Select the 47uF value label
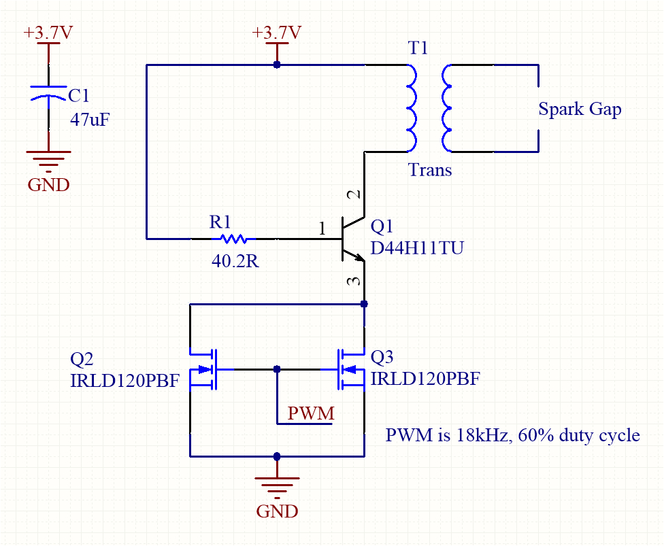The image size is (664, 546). point(90,120)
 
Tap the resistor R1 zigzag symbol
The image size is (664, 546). point(233,239)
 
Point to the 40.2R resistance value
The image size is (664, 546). point(234,261)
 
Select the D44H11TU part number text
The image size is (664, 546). point(416,249)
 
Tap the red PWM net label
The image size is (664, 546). point(311,413)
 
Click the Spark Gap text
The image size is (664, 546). point(580,109)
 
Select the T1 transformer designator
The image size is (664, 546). point(418,48)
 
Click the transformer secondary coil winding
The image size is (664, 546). point(446,107)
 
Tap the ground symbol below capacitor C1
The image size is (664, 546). point(48,158)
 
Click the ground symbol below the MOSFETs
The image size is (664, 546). point(277,484)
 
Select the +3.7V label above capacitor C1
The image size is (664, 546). point(48,33)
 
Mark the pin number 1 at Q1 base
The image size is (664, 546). point(322,229)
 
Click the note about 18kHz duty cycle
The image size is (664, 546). point(512,434)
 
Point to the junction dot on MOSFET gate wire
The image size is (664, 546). point(277,369)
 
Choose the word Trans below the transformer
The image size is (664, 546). point(430,169)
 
